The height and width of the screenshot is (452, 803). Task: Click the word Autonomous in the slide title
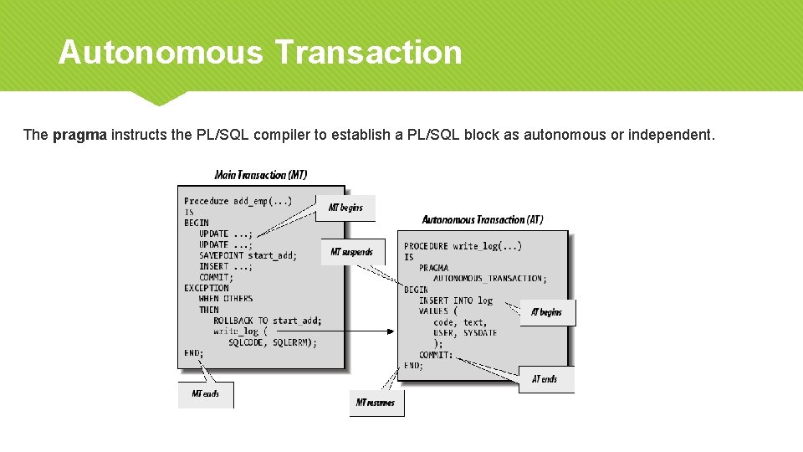click(160, 53)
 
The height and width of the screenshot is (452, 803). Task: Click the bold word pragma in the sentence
click(79, 136)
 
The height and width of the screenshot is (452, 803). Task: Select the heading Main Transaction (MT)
click(261, 175)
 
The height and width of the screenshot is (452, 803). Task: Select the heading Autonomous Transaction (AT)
click(483, 219)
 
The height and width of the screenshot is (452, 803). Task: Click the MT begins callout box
click(345, 208)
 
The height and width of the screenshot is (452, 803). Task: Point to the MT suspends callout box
click(351, 252)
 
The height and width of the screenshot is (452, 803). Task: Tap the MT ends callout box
click(205, 393)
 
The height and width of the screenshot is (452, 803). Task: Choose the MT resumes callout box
click(376, 403)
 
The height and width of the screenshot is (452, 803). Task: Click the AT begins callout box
click(547, 312)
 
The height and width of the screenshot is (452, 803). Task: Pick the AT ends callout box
click(545, 379)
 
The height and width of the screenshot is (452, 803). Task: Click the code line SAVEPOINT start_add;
click(248, 255)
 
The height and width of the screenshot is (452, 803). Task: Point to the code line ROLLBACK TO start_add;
click(267, 321)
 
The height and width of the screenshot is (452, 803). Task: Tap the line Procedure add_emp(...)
click(238, 201)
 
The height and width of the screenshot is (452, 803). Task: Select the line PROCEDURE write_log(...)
click(463, 246)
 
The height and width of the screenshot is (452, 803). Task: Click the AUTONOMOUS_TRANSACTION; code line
click(489, 279)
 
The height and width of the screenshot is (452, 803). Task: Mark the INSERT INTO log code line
click(456, 300)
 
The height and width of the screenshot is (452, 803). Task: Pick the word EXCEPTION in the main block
click(207, 288)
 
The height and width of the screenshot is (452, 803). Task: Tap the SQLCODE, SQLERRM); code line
click(273, 342)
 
